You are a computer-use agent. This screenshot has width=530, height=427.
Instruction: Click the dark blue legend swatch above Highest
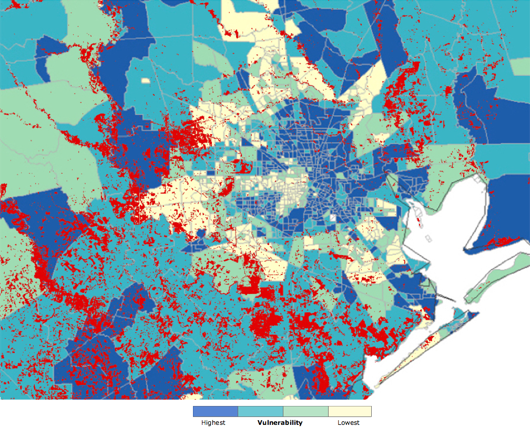tap(216, 411)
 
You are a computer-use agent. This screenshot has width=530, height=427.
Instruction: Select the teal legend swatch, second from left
tap(260, 411)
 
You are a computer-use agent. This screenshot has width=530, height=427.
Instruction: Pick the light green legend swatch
tap(305, 411)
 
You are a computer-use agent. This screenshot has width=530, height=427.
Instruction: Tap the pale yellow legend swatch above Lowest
tap(350, 411)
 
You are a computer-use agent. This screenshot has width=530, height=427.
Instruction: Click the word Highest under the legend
tap(213, 422)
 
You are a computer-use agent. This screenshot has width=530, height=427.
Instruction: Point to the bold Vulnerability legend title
tap(280, 422)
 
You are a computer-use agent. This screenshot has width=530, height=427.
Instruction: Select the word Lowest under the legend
tap(349, 422)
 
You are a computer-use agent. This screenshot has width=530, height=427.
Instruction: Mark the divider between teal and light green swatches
tap(283, 411)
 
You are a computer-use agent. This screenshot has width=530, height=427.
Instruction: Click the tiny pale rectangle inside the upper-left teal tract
tap(145, 81)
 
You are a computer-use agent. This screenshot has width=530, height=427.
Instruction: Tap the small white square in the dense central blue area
tap(332, 218)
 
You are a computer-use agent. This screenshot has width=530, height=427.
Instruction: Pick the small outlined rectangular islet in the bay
tap(430, 238)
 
